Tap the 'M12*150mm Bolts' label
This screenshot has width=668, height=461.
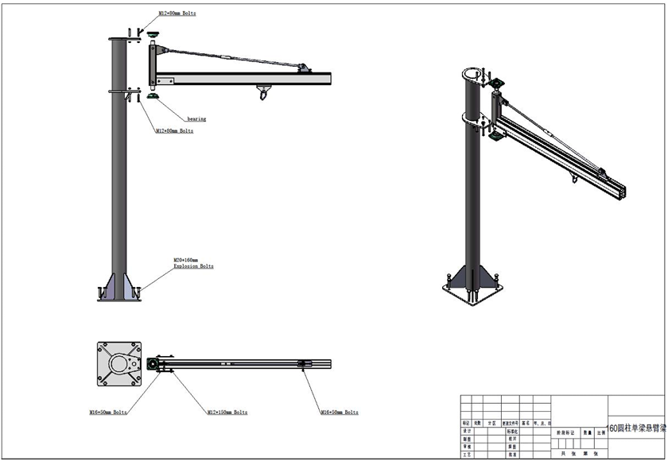click(227, 413)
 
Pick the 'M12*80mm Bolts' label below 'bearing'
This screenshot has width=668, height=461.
click(176, 130)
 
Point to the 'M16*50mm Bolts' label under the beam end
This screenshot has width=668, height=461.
click(339, 413)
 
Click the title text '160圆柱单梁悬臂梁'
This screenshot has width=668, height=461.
click(636, 427)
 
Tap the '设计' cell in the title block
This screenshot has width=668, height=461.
click(467, 430)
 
